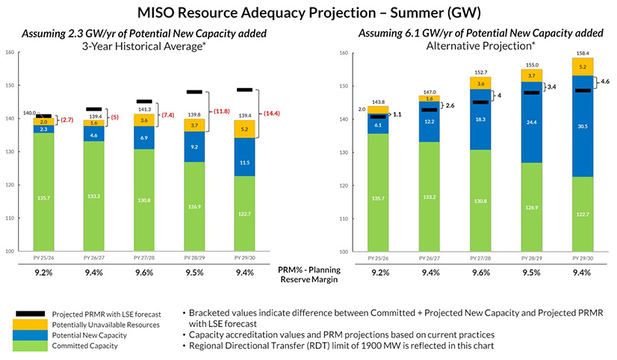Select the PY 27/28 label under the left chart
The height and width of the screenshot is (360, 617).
(x=146, y=258)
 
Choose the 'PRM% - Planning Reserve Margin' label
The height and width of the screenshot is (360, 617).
(x=308, y=274)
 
